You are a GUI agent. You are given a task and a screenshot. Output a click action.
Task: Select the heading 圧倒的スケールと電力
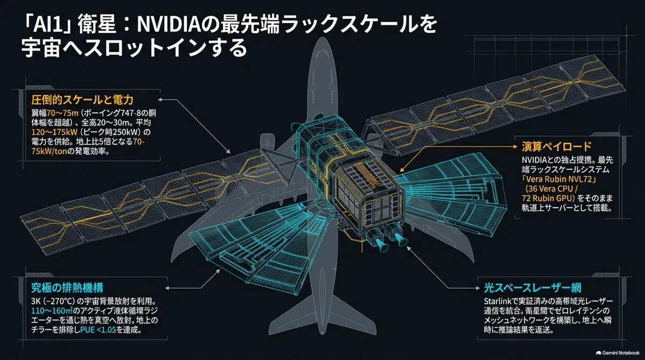[x=82, y=100]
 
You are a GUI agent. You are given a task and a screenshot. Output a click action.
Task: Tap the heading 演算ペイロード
[x=556, y=147]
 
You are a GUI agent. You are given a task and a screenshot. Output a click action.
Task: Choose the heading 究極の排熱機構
[x=67, y=287]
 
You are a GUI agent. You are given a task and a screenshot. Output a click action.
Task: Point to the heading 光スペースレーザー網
[x=533, y=287]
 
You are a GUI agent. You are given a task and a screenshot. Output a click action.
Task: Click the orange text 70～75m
[x=62, y=113]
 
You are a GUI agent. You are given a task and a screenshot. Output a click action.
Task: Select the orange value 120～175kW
[x=54, y=132]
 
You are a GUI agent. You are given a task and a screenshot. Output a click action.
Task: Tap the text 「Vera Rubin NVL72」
[x=559, y=179]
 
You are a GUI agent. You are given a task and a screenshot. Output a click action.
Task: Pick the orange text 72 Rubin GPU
[x=547, y=198]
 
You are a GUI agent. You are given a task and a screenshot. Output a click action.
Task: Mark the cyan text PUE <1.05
[x=98, y=330]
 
